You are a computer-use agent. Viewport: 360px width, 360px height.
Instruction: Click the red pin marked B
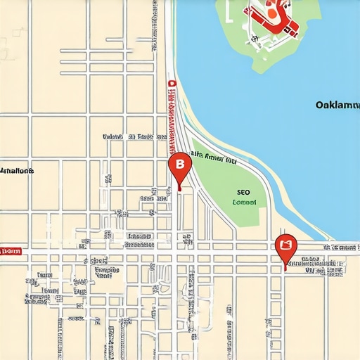[x=180, y=165]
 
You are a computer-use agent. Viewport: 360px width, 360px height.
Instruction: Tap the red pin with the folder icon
[x=285, y=247]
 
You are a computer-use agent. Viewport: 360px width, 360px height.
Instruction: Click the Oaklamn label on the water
[x=337, y=105]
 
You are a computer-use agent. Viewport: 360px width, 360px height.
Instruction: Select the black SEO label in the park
[x=243, y=191]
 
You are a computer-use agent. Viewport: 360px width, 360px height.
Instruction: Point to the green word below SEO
[x=244, y=202]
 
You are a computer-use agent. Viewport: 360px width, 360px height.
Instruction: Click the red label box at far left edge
[x=11, y=250]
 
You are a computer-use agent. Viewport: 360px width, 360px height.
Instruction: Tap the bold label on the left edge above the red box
[x=18, y=170]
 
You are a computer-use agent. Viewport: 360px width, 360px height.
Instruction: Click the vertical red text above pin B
[x=171, y=120]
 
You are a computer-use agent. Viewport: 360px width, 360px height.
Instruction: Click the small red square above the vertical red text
[x=171, y=83]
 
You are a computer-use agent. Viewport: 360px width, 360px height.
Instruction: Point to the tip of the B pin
[x=180, y=189]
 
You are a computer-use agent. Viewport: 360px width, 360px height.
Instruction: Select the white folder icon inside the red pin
[x=285, y=245]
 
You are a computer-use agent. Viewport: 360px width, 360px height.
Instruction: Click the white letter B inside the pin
[x=180, y=163]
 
